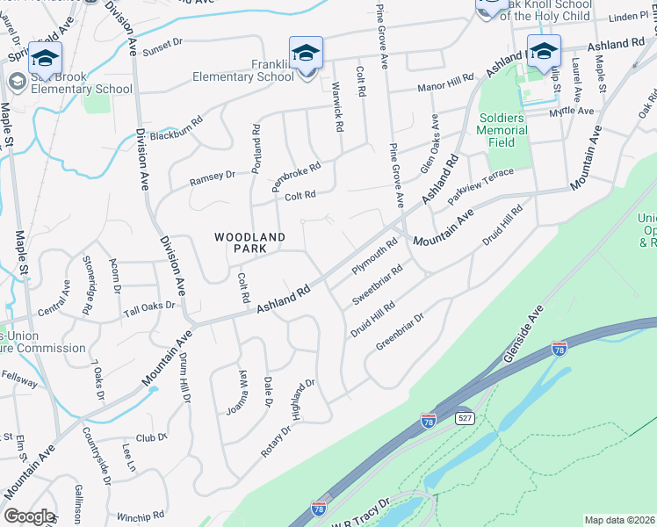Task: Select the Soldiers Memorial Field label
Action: coord(502,130)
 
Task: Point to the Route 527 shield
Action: coord(465,418)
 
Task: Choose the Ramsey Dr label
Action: coord(213,178)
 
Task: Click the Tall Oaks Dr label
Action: coord(149,309)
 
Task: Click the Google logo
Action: coord(29,516)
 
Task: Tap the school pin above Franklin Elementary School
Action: coord(306,54)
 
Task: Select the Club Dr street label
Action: coord(151,437)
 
